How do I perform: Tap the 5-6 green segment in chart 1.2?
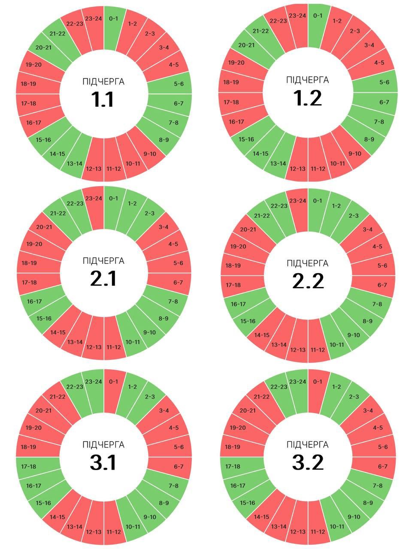pos(383,82)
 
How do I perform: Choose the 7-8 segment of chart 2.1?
pos(173,302)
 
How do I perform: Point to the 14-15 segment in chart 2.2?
pos(261,335)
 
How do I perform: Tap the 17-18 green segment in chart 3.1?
pos(29,466)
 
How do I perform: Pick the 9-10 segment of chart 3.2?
pos(353,516)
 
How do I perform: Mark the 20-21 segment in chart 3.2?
pos(247,410)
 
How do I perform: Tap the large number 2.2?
pos(308,281)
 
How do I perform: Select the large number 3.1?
pos(103,463)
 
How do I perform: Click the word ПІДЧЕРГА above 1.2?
pos(308,80)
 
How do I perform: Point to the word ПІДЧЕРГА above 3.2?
pos(308,444)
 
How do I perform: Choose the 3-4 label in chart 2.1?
pos(164,227)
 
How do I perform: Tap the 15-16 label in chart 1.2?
pos(246,139)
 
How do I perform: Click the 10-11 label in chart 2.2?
pos(337,344)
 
